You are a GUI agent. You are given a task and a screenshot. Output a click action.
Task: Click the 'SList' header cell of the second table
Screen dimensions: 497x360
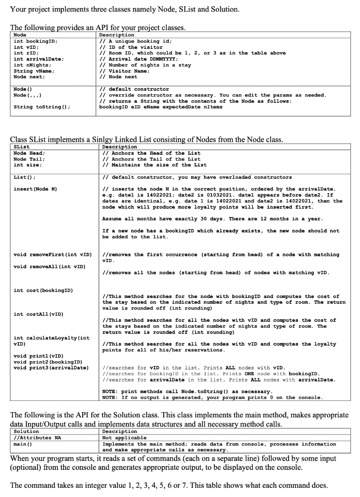pyautogui.click(x=22, y=147)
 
